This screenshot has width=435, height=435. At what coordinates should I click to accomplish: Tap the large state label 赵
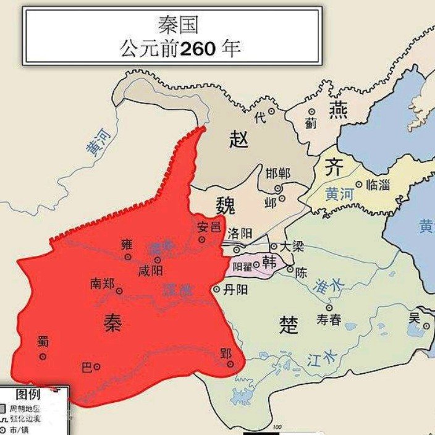[238, 140]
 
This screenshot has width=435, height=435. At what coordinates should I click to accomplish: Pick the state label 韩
[269, 262]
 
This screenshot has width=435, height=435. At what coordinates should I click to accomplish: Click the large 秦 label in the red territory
[112, 323]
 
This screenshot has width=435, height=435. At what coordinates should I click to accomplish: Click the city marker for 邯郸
[278, 188]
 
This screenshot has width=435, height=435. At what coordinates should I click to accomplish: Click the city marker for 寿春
[329, 307]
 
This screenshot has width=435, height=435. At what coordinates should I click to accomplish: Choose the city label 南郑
[103, 284]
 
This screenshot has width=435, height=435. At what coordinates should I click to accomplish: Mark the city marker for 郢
[230, 365]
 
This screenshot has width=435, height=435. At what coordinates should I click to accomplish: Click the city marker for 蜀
[43, 357]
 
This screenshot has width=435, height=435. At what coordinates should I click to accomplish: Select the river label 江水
[322, 359]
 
